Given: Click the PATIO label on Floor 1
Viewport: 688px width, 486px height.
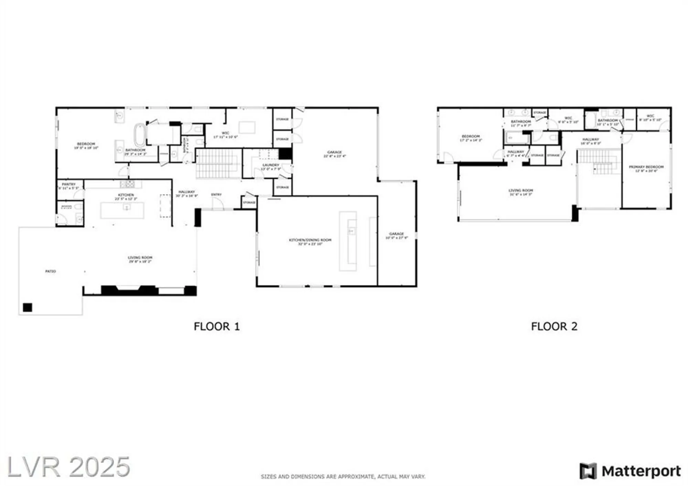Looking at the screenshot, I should click(x=51, y=271).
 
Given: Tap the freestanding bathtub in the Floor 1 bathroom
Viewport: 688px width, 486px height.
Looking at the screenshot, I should click(x=139, y=135).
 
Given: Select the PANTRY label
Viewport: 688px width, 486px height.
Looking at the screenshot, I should click(x=69, y=184).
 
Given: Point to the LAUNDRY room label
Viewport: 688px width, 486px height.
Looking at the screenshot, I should click(x=271, y=165).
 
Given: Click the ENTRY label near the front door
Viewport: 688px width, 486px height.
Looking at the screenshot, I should click(x=216, y=195).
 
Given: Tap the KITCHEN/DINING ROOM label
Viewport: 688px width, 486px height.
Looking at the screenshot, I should click(x=310, y=240).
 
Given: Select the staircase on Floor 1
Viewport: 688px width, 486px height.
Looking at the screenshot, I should click(x=218, y=163).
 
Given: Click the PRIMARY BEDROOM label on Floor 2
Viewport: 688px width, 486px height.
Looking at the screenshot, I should click(x=646, y=167).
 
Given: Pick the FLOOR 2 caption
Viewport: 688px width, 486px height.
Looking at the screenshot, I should click(x=554, y=326).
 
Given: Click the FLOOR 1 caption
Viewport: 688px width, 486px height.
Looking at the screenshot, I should click(x=217, y=326).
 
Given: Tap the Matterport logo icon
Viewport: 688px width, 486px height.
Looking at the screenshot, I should click(x=588, y=471).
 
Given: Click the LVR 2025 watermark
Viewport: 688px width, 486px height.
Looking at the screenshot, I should click(x=69, y=467).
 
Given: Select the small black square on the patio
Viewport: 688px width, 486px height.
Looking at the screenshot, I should click(x=28, y=307).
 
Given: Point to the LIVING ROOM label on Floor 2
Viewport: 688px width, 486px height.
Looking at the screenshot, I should click(x=520, y=190).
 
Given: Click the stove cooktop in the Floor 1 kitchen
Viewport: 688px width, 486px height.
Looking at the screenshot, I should click(x=128, y=184).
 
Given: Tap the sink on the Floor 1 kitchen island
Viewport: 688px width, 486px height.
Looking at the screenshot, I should click(x=127, y=208).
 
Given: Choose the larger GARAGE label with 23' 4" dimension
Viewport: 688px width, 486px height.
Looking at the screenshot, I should click(x=334, y=152).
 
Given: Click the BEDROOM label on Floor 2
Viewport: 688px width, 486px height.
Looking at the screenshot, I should click(x=470, y=136).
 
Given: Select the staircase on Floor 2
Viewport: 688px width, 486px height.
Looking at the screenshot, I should click(x=599, y=162).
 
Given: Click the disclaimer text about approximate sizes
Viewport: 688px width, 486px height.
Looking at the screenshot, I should click(x=343, y=477).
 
